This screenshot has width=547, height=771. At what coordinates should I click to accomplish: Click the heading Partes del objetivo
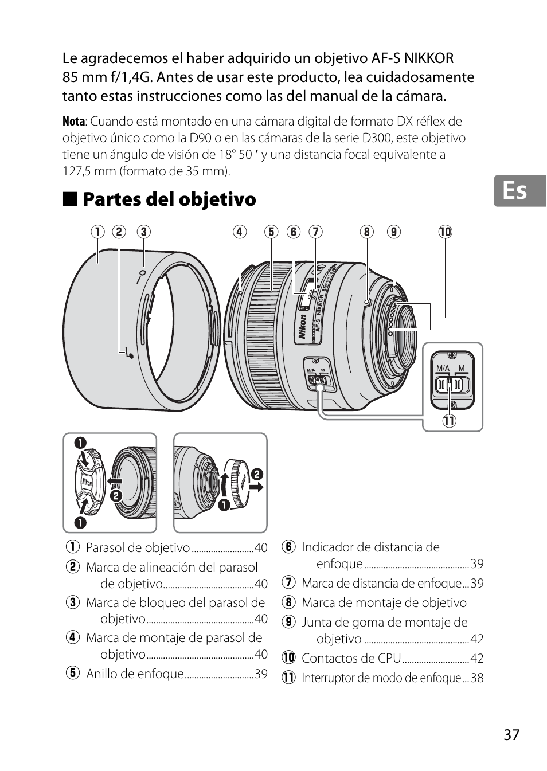(169, 199)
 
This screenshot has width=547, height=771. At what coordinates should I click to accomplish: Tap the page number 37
(511, 734)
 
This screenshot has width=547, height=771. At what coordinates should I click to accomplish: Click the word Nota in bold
(73, 122)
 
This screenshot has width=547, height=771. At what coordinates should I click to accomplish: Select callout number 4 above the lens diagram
(239, 232)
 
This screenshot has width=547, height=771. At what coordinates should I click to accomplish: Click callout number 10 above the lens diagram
(445, 232)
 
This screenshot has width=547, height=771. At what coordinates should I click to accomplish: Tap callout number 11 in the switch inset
(448, 421)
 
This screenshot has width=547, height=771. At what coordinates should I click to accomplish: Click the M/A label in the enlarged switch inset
(443, 368)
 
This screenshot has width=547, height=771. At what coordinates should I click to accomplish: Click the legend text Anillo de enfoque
(135, 674)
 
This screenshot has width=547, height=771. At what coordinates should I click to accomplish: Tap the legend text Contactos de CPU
(351, 658)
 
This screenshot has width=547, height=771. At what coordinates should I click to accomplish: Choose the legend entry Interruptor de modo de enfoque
(381, 678)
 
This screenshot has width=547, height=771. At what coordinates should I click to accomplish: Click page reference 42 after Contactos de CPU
(476, 658)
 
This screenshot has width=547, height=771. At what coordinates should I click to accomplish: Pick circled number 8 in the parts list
(288, 602)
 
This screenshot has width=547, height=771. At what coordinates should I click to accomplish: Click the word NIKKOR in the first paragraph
(428, 58)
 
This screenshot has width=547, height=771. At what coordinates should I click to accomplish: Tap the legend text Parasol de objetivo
(138, 547)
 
